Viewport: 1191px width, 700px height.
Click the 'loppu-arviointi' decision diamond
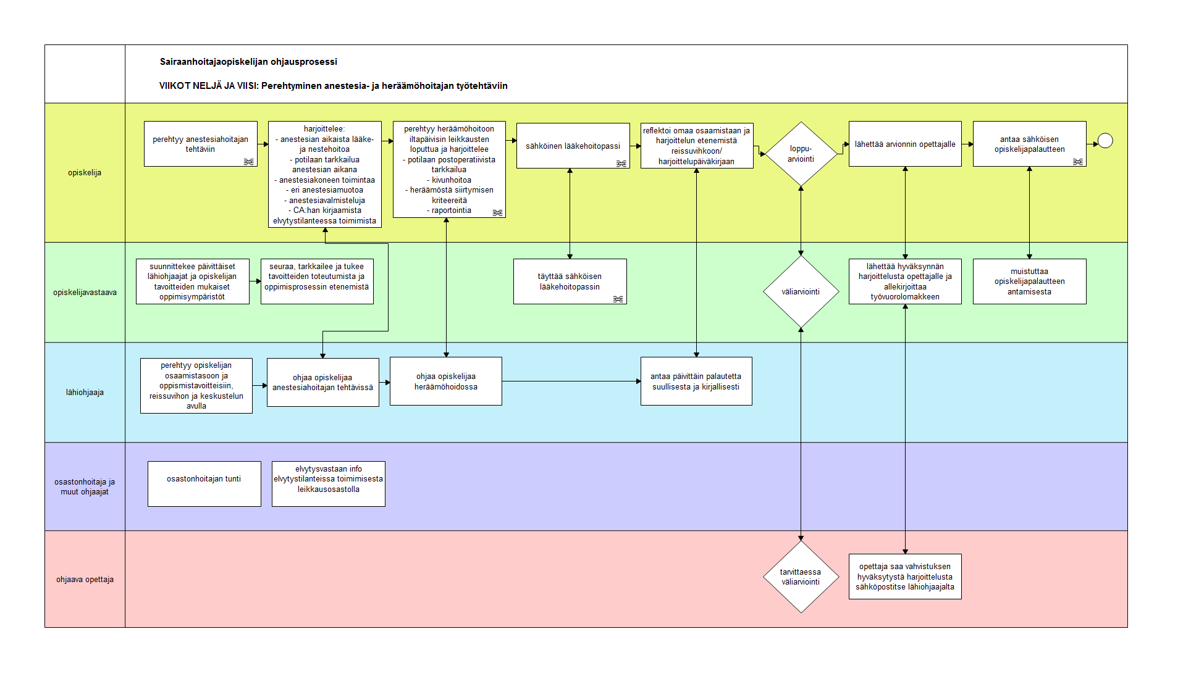pos(801,154)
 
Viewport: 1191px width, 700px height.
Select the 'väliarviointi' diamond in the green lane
pos(801,291)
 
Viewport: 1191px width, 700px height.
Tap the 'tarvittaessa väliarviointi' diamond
pos(801,577)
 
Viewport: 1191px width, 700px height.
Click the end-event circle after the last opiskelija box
pos(1105,141)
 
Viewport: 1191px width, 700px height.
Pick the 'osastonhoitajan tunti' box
pos(204,484)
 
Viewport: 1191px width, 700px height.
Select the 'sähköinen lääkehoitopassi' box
pos(573,146)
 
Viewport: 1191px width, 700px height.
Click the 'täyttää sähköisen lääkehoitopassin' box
pos(570,281)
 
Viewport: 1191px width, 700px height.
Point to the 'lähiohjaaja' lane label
pos(85,393)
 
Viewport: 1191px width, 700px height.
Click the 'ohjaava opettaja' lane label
pos(85,580)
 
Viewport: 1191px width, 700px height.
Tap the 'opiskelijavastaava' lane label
pos(85,293)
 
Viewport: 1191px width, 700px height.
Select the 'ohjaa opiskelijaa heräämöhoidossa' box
pos(446,381)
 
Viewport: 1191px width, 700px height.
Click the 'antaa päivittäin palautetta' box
pos(696,381)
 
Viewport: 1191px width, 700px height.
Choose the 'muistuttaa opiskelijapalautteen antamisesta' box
pos(1030,281)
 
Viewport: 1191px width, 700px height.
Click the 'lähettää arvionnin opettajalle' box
pos(905,144)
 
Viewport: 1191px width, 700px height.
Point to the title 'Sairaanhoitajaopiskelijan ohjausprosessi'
pos(248,62)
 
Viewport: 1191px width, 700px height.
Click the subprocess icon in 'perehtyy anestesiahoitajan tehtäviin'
pos(248,162)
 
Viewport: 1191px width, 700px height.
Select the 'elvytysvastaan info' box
pos(329,484)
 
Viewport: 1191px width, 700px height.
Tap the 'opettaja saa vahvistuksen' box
pos(905,577)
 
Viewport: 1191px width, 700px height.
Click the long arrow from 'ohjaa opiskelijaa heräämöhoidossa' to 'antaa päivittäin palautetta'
pos(571,381)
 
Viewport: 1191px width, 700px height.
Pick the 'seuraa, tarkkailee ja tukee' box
pos(317,281)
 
